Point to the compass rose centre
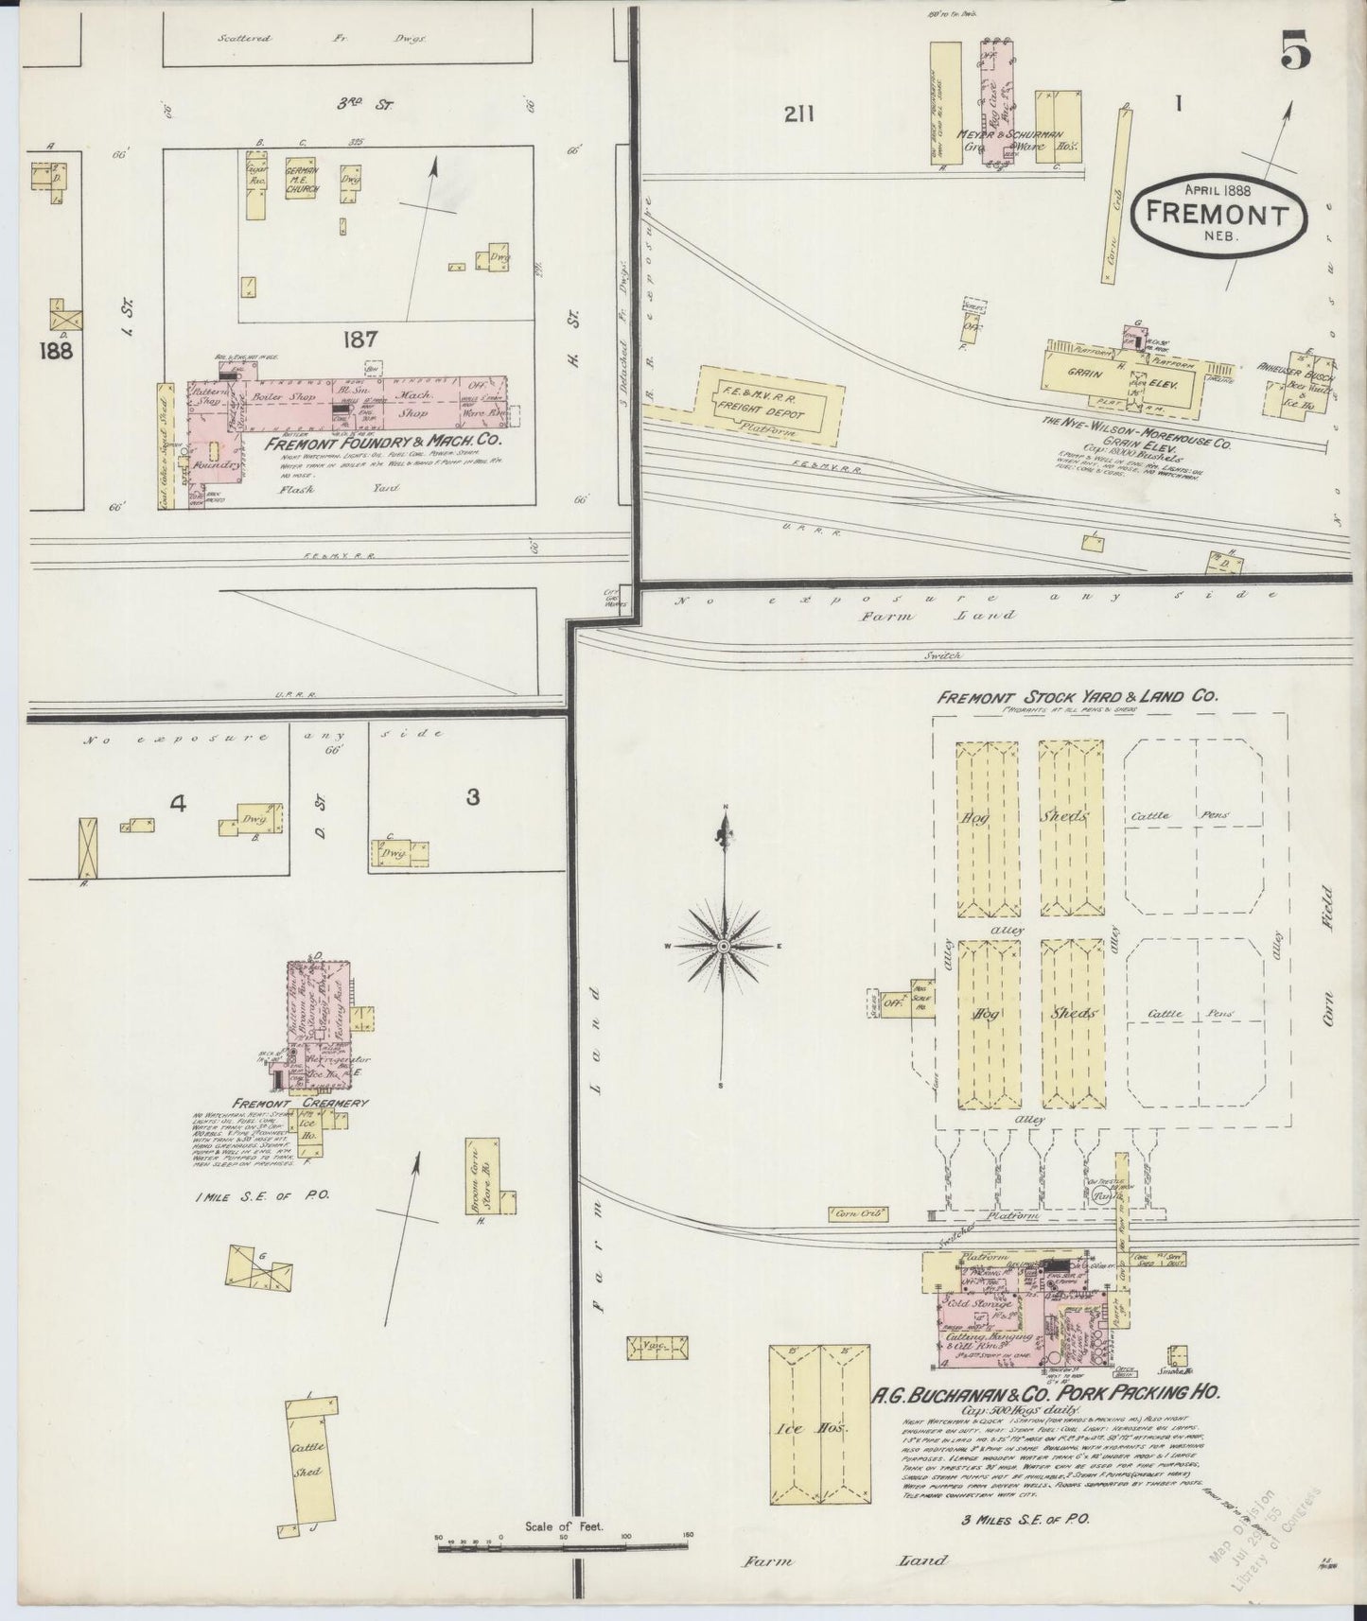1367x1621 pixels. [724, 945]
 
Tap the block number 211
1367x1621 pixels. [799, 113]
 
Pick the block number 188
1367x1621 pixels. [57, 350]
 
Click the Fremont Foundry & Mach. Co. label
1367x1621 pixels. [382, 442]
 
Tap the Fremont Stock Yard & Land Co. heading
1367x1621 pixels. [1076, 697]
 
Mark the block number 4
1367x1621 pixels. [178, 805]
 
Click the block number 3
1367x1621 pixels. [472, 797]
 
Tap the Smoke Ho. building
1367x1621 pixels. [1177, 1354]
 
